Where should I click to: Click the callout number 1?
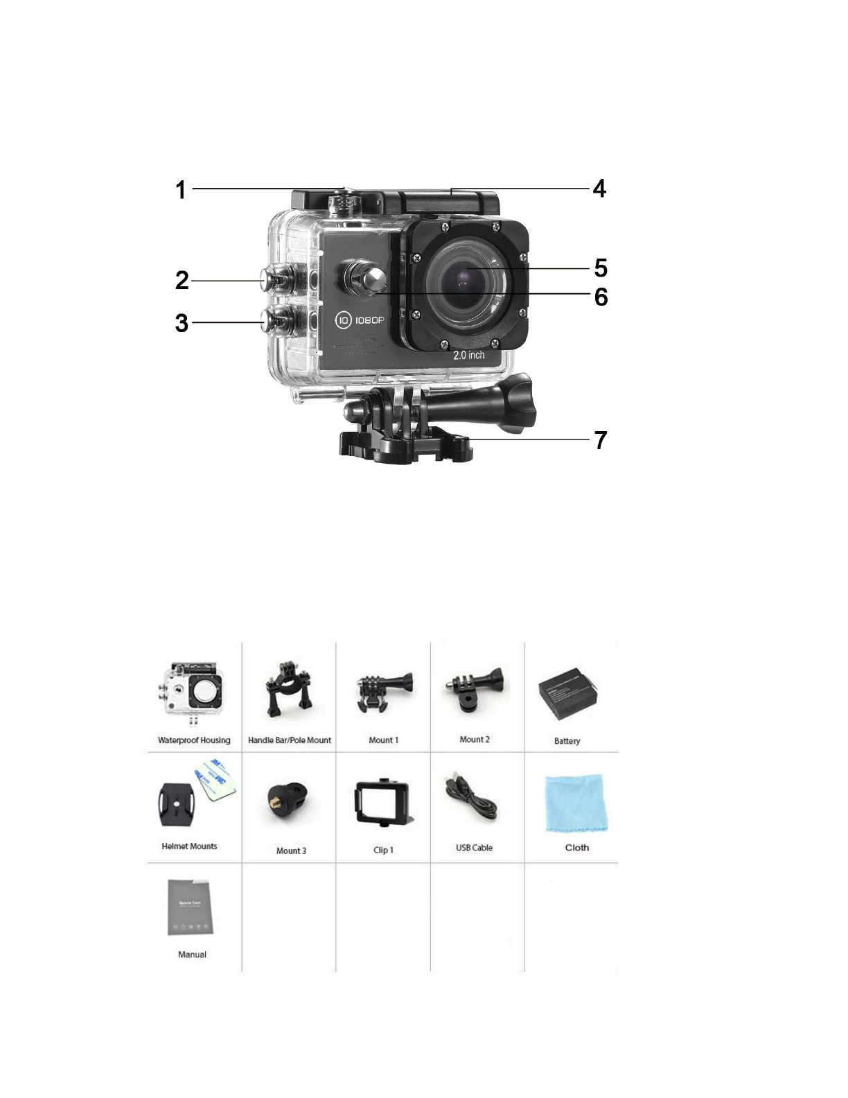click(x=181, y=189)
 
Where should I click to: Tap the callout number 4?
click(x=599, y=189)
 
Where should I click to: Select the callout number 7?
click(x=601, y=440)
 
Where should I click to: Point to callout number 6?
click(x=601, y=297)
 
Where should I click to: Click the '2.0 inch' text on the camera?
click(x=469, y=355)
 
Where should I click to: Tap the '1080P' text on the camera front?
click(x=369, y=320)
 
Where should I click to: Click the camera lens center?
click(x=465, y=281)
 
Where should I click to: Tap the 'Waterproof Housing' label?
click(x=194, y=740)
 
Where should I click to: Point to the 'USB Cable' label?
click(x=474, y=848)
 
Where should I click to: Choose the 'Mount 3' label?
click(x=291, y=851)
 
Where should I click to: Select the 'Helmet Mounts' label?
click(x=189, y=846)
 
